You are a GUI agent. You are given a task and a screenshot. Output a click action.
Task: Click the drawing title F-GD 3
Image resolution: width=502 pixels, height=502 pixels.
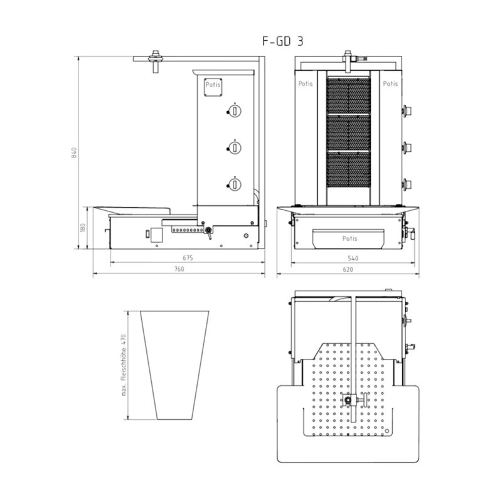(x=283, y=41)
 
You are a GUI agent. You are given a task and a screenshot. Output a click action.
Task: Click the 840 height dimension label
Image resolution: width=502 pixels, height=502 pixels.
(x=74, y=152)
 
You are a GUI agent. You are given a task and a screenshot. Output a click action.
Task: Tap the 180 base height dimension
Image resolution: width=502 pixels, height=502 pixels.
(x=83, y=228)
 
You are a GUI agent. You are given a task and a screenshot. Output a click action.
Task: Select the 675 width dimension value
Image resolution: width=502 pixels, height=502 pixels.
(x=188, y=258)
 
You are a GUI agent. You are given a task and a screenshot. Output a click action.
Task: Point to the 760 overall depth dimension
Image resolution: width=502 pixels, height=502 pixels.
(x=179, y=269)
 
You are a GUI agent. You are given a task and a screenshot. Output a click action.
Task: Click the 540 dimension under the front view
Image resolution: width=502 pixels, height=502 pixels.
(x=353, y=258)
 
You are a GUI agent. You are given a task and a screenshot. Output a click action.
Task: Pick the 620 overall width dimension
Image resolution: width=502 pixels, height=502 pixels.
(x=348, y=269)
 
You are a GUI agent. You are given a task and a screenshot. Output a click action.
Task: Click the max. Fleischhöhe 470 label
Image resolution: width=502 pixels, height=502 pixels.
(x=124, y=365)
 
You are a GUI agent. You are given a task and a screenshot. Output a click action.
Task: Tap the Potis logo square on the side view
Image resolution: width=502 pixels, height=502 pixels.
(x=213, y=87)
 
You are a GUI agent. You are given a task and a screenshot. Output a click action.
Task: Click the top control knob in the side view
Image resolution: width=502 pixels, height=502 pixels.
(x=235, y=111)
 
